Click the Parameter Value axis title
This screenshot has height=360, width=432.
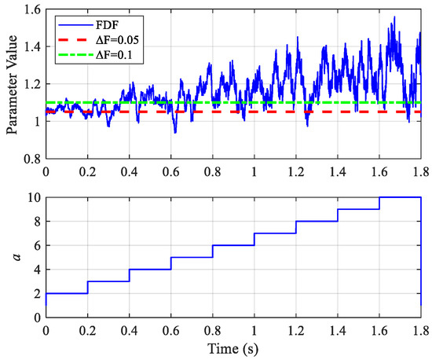pos(12,84)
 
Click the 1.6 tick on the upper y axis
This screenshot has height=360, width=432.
pos(33,9)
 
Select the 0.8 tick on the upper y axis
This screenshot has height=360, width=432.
pos(33,160)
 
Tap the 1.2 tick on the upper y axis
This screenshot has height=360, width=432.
pos(33,84)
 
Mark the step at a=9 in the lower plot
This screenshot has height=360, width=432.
pos(358,209)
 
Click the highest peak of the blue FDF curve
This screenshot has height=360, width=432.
pos(394,17)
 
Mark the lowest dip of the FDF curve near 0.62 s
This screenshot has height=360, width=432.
pos(175,132)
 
